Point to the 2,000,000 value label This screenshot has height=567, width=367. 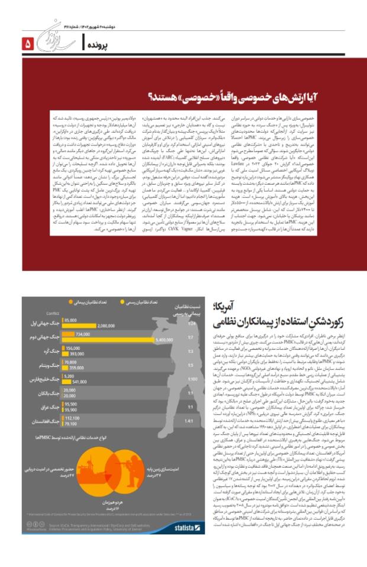point(106,326)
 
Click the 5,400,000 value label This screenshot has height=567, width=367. point(163,340)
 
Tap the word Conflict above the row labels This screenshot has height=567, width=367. point(53,314)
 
